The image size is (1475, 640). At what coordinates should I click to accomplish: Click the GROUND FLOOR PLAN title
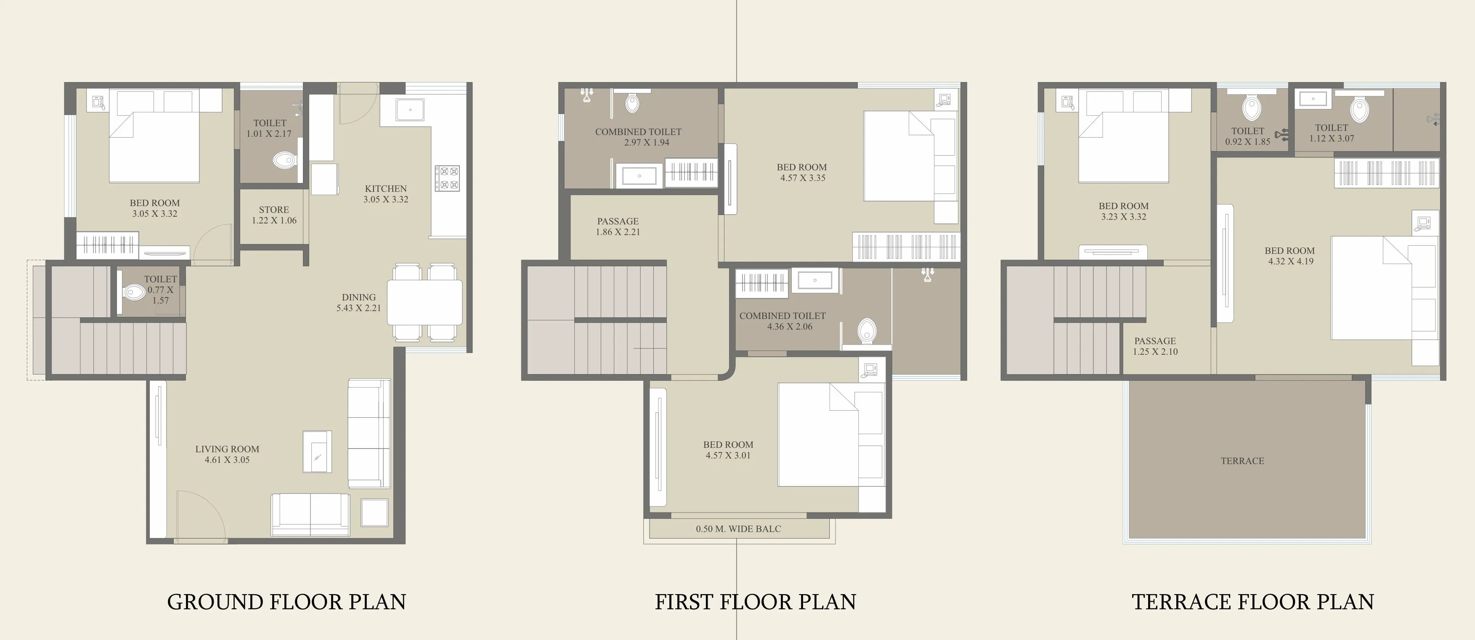(287, 602)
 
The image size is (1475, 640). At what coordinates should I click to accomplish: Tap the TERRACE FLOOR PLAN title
(1253, 602)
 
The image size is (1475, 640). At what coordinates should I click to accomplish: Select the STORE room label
(274, 210)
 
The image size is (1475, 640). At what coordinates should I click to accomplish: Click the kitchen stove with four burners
(447, 178)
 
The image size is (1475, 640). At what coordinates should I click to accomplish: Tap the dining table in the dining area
(425, 302)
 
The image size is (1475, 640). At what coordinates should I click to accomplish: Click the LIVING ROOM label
(227, 449)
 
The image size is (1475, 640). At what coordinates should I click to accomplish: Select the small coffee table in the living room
(317, 451)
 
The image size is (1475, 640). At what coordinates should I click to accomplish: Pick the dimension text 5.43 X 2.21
(358, 308)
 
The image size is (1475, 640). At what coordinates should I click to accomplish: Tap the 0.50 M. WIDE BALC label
(739, 529)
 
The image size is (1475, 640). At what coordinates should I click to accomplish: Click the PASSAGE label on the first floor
(618, 221)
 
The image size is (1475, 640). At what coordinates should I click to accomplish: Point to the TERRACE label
(1242, 461)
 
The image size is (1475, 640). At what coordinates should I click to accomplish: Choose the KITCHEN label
(386, 189)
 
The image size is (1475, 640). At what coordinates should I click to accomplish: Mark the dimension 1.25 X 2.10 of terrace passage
(1155, 351)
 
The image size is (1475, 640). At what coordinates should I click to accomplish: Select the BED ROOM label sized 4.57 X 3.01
(728, 445)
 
